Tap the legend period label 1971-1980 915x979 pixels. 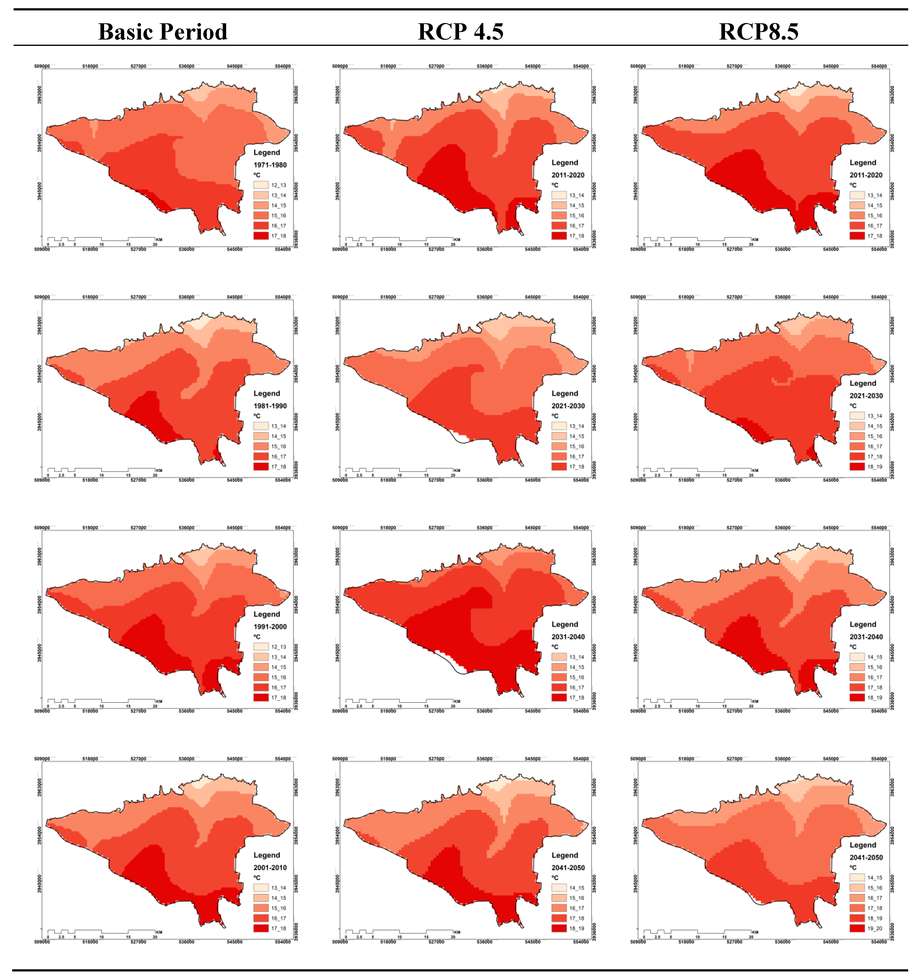(x=270, y=165)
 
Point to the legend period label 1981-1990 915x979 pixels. (x=270, y=406)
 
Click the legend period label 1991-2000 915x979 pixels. (x=270, y=626)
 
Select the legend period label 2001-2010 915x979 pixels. (x=270, y=867)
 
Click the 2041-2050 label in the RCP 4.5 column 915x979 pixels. (x=568, y=867)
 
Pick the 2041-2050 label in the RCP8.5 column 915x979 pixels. (x=866, y=857)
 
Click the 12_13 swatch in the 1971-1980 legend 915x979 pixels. (x=261, y=185)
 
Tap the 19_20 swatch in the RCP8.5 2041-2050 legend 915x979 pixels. (x=857, y=928)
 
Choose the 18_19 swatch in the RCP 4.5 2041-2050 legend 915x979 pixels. (x=559, y=928)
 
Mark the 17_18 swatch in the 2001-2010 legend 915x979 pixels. (x=261, y=928)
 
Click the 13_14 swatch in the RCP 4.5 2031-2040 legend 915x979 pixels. (x=559, y=657)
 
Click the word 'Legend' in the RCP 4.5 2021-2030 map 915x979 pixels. (x=564, y=393)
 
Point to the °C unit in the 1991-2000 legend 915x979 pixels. (x=257, y=637)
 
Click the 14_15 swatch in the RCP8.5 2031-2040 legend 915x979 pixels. (x=857, y=657)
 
